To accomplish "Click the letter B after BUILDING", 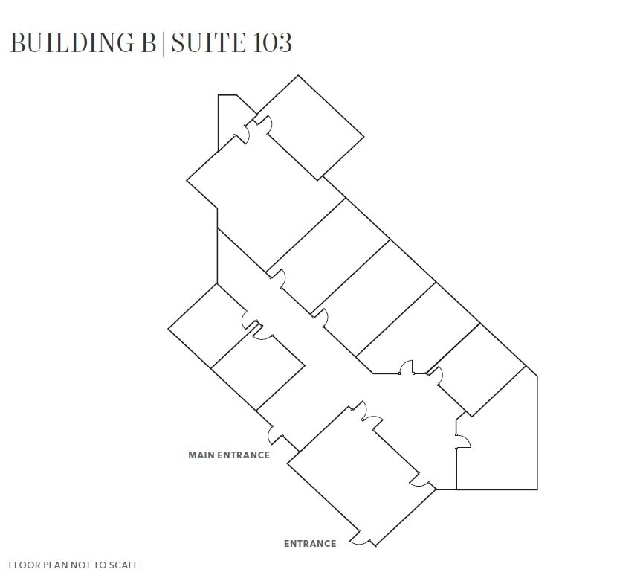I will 148,42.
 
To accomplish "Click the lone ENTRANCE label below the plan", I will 310,544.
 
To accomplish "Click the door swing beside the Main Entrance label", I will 276,434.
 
